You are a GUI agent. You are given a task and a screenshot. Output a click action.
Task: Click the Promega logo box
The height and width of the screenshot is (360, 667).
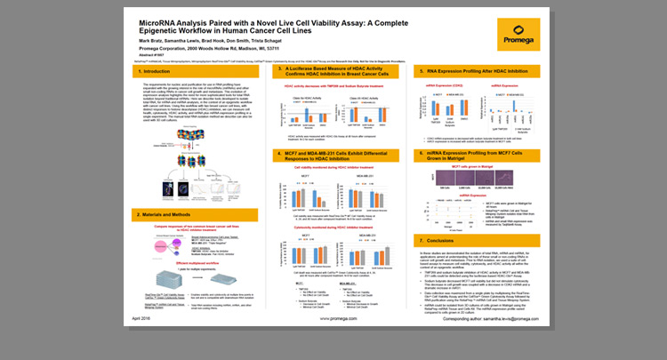pos(520,41)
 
